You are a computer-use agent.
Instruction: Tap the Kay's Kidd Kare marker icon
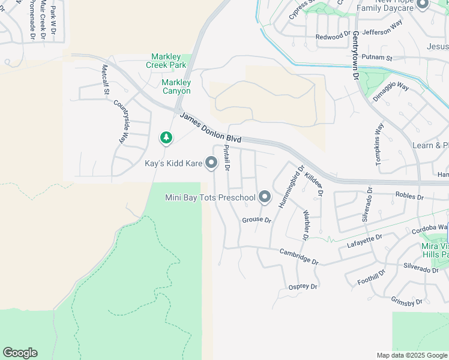click(211, 163)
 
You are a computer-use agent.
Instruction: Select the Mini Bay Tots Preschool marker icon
click(265, 197)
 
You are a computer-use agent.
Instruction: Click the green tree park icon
click(166, 139)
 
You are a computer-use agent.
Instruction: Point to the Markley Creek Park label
click(166, 61)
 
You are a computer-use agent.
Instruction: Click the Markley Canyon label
click(176, 86)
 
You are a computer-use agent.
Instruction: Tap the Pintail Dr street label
click(227, 158)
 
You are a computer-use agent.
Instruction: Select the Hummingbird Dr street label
click(291, 187)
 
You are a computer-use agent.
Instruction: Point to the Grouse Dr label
click(257, 220)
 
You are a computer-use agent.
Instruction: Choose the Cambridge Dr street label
click(299, 257)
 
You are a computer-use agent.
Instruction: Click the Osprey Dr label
click(303, 287)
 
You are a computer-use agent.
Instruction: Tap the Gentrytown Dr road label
click(355, 56)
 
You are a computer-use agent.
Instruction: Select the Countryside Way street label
click(122, 121)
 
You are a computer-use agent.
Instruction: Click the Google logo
click(20, 353)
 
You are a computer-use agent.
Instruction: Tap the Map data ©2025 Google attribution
click(411, 355)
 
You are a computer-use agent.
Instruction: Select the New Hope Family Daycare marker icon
click(422, 5)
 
